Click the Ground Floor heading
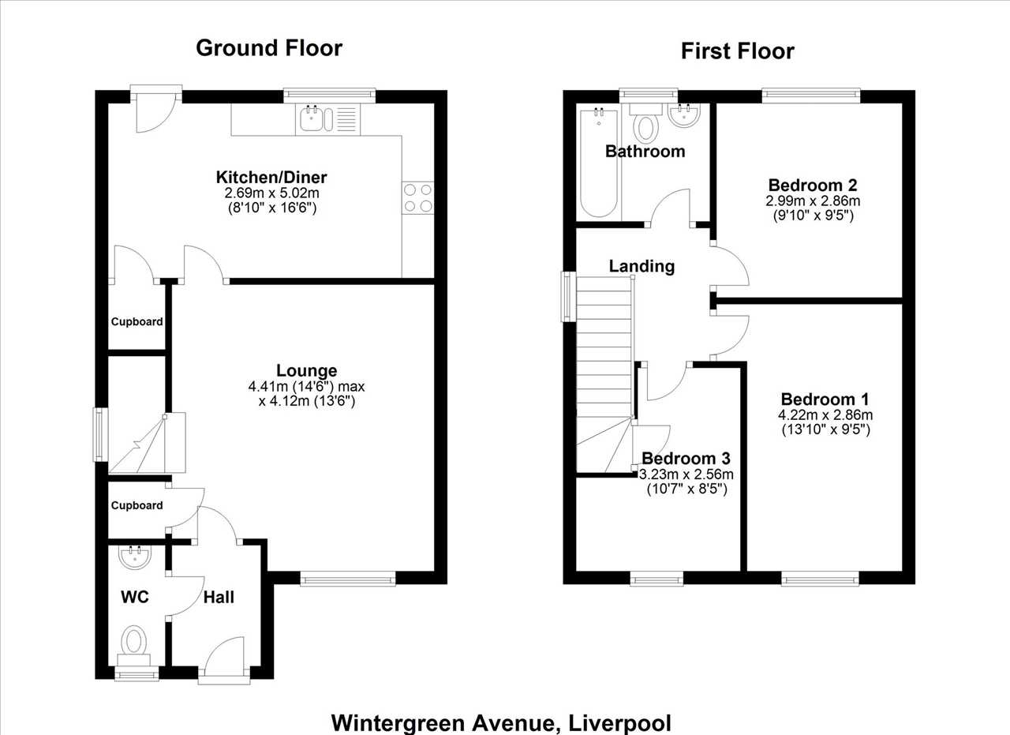(x=269, y=48)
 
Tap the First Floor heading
(x=738, y=51)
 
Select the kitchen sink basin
(x=312, y=118)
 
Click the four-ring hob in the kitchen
(x=418, y=197)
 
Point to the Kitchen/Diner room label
(x=271, y=178)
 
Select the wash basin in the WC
(x=135, y=557)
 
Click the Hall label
(x=219, y=598)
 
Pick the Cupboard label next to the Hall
(x=137, y=505)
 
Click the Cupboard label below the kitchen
(x=137, y=321)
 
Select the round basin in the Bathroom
(x=684, y=115)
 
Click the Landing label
(x=642, y=266)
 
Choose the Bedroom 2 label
(x=813, y=185)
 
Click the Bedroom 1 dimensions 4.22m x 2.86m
(x=825, y=414)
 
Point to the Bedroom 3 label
(x=686, y=459)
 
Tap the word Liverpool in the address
(x=619, y=723)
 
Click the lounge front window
(x=348, y=579)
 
